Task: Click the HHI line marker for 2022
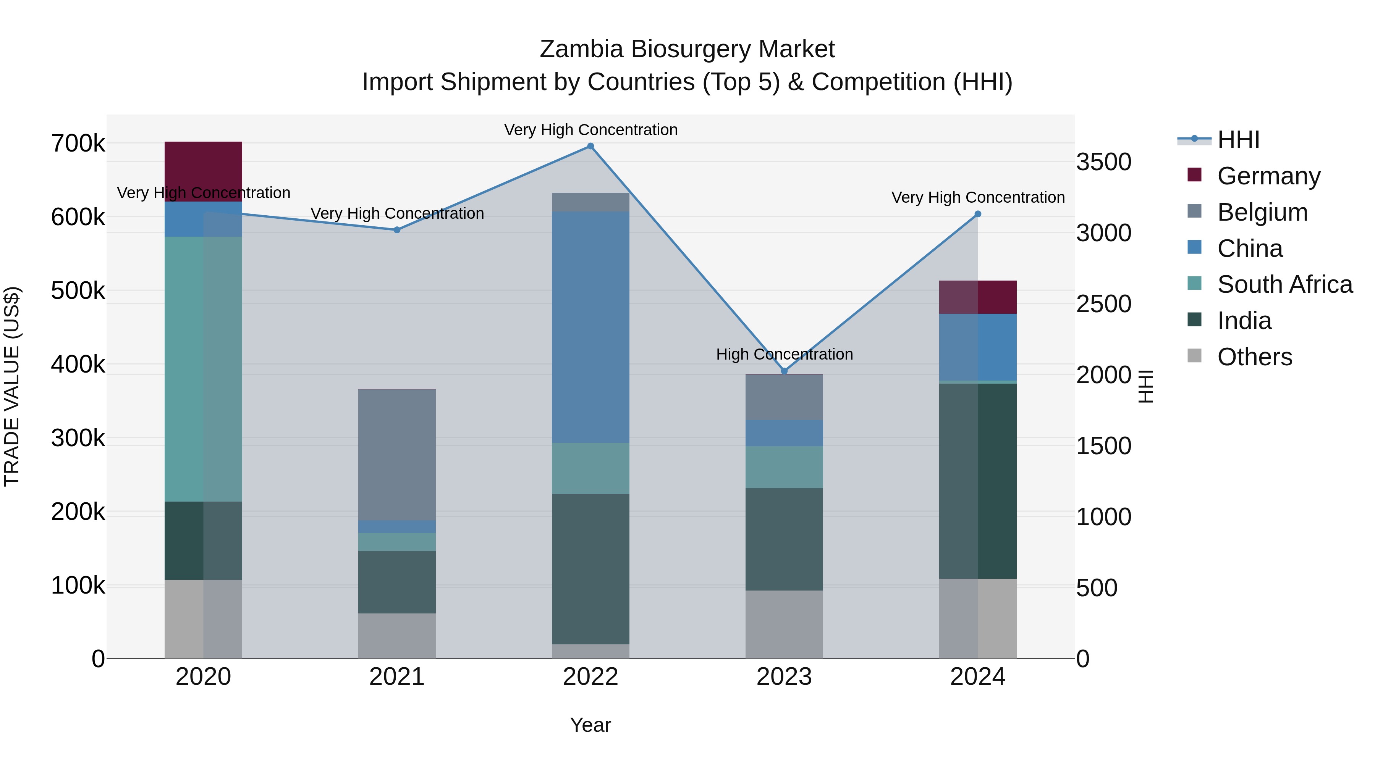pyautogui.click(x=590, y=146)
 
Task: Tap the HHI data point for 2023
pyautogui.click(x=784, y=371)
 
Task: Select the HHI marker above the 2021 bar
pyautogui.click(x=396, y=230)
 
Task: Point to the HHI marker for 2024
pyautogui.click(x=978, y=214)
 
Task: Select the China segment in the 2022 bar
pyautogui.click(x=590, y=326)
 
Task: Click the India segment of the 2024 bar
pyautogui.click(x=978, y=481)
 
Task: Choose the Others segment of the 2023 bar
pyautogui.click(x=784, y=624)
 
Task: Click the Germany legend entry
pyautogui.click(x=1268, y=176)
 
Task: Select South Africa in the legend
pyautogui.click(x=1284, y=284)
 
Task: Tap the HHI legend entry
pyautogui.click(x=1238, y=140)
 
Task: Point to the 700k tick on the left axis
pyautogui.click(x=78, y=144)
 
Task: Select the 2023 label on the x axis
pyautogui.click(x=784, y=677)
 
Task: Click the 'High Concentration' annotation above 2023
pyautogui.click(x=784, y=354)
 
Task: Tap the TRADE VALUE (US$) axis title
pyautogui.click(x=12, y=386)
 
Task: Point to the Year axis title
pyautogui.click(x=590, y=725)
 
